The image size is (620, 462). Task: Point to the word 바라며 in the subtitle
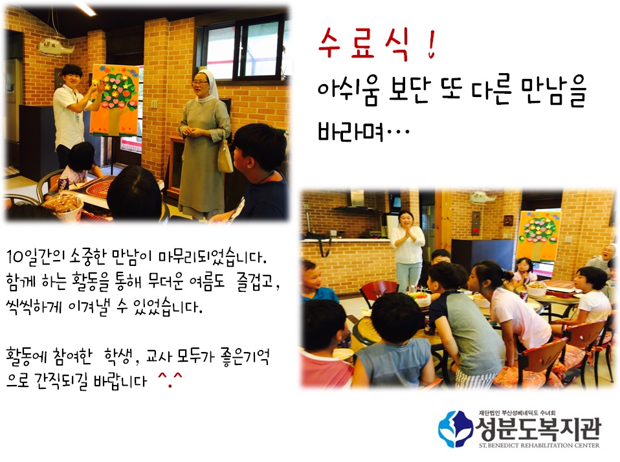click(350, 131)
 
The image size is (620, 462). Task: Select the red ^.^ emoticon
click(170, 379)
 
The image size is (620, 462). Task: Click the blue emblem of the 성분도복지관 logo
click(456, 429)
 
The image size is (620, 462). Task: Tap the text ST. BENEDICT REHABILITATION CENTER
click(539, 445)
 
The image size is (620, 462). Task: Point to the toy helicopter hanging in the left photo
click(56, 46)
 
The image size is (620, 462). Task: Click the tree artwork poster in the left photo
click(115, 100)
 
